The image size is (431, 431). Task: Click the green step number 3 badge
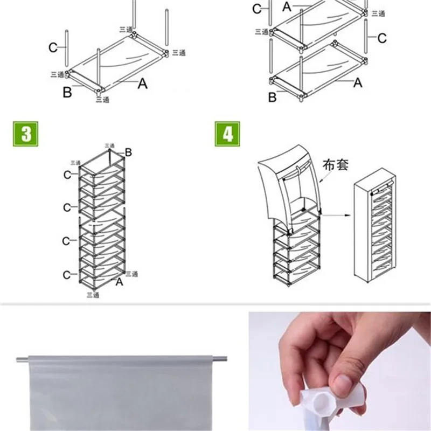coord(24,134)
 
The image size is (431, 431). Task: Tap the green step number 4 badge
coord(227,134)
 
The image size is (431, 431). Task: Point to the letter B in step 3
coord(128,152)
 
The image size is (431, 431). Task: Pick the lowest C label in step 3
coord(66,275)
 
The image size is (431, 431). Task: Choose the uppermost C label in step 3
coord(66,175)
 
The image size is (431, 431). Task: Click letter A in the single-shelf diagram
coord(142,84)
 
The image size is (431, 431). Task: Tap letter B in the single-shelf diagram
coord(67,93)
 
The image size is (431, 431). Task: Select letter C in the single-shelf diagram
coord(53,48)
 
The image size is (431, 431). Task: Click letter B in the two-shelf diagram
coord(273,97)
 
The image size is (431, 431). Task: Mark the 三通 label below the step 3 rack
coord(95,295)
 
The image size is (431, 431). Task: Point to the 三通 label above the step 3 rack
coord(109,145)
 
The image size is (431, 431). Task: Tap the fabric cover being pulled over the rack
coord(288,183)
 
